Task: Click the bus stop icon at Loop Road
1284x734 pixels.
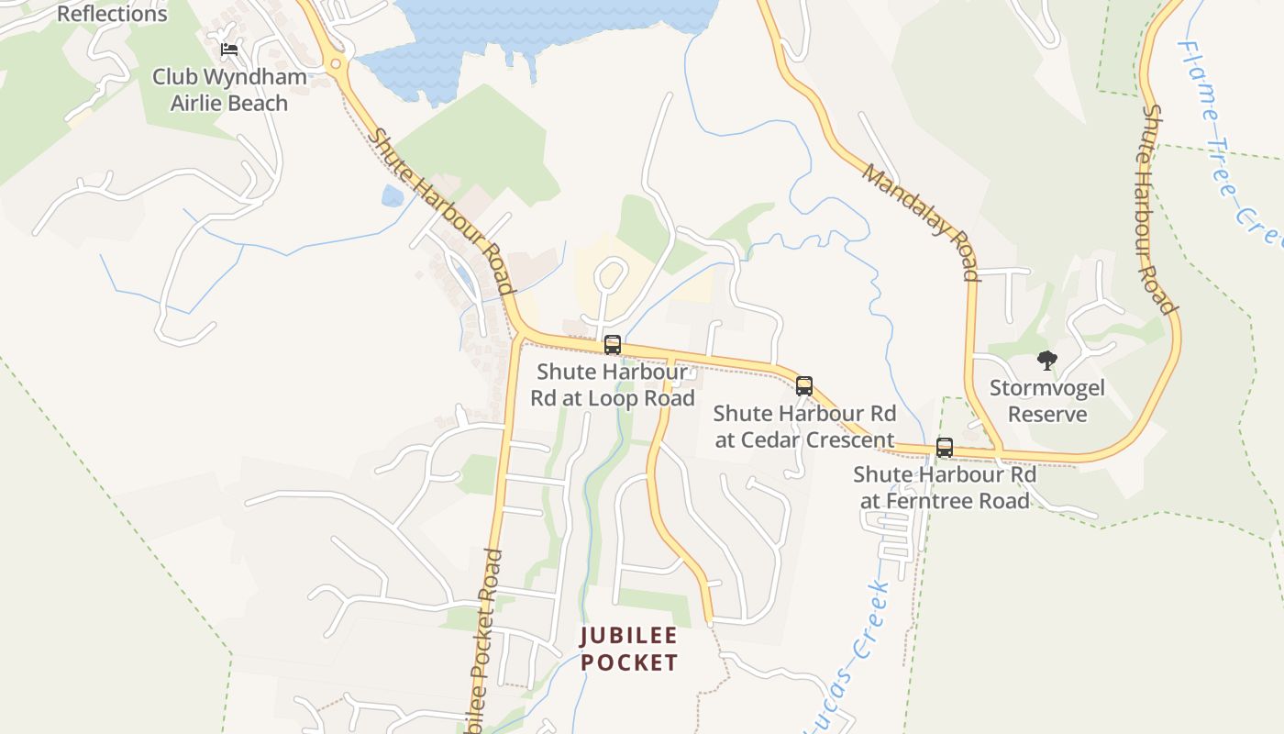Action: (x=613, y=345)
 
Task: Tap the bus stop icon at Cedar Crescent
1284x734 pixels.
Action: (x=804, y=385)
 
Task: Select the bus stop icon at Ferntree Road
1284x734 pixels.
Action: (x=944, y=448)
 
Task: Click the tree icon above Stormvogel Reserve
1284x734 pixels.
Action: (x=1046, y=361)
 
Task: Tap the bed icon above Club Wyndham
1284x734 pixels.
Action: (x=229, y=49)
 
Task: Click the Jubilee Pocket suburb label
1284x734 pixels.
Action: (x=629, y=649)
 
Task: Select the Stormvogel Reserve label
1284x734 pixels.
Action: (x=1046, y=401)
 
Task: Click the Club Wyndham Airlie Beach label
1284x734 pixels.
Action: (x=229, y=90)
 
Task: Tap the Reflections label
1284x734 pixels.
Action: (x=112, y=14)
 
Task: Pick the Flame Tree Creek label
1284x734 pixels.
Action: (x=1229, y=138)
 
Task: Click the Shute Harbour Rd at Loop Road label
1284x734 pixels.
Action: (x=613, y=385)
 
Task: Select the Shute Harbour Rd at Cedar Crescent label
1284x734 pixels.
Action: (x=804, y=427)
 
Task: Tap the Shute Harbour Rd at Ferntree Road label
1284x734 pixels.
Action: (x=945, y=487)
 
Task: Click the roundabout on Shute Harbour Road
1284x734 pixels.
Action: (x=335, y=64)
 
